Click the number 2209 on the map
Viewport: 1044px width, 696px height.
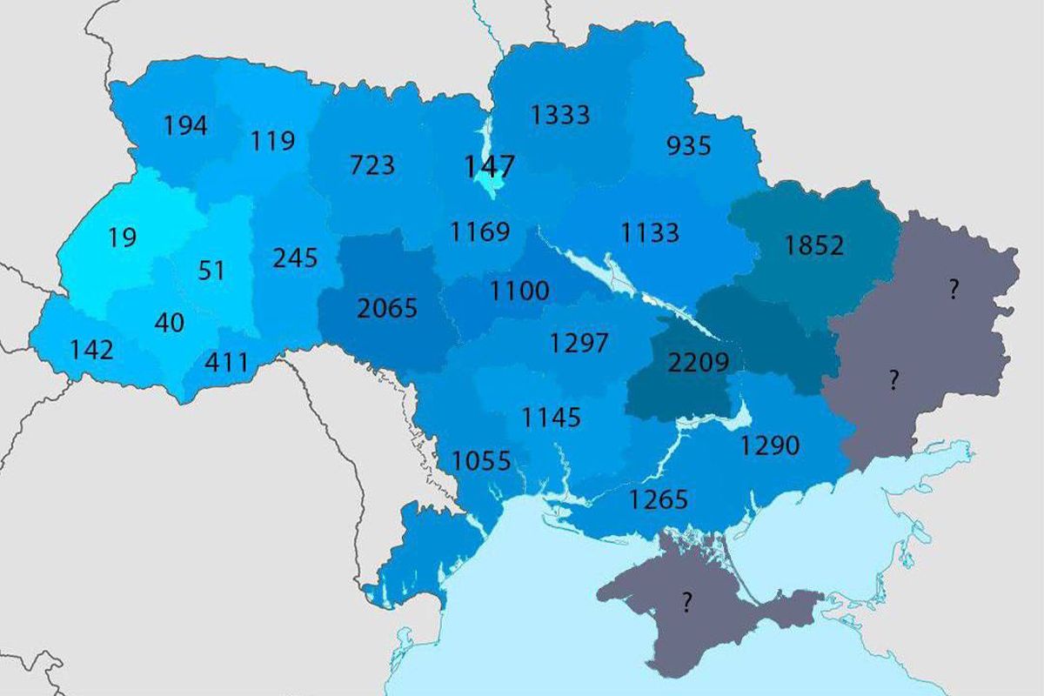coord(698,362)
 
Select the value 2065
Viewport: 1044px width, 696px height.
coord(388,308)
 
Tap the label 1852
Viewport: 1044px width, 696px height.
coord(813,246)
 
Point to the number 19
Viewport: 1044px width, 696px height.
coord(123,238)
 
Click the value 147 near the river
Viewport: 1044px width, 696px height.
coord(490,165)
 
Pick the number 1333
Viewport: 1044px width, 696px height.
coord(560,114)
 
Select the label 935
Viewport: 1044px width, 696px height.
coord(688,145)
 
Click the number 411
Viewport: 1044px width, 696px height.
coord(226,361)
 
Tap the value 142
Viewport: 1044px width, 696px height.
coord(91,350)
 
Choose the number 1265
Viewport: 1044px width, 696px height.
coord(659,499)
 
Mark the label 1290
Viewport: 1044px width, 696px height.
coord(769,446)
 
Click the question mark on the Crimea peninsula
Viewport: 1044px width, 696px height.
coord(687,602)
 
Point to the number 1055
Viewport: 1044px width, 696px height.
coord(481,460)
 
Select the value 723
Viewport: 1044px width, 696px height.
coord(371,164)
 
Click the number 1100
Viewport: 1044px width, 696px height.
coord(519,291)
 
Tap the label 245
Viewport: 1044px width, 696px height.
coord(295,258)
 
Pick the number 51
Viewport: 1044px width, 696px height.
coord(211,271)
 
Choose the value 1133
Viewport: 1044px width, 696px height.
coord(650,232)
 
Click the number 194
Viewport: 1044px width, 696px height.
coord(185,125)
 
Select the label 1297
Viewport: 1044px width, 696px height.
coord(579,343)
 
